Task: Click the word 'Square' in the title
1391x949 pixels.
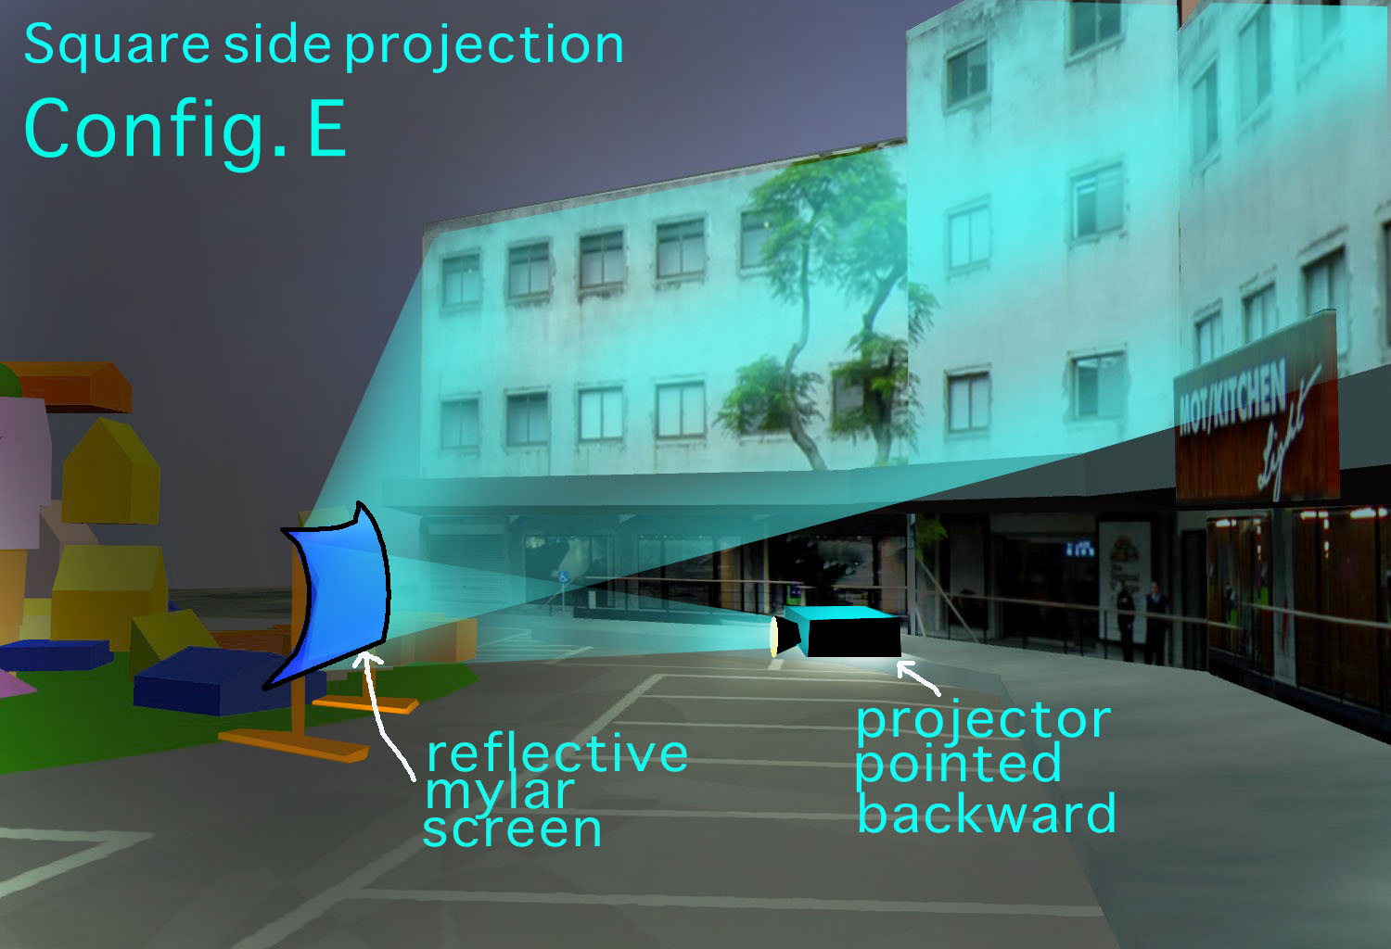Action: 117,45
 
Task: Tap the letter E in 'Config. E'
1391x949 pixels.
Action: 326,129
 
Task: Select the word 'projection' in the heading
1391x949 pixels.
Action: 484,45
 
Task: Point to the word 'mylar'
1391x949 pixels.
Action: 500,793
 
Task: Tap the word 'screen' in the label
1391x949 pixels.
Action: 512,829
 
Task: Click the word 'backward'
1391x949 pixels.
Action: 986,812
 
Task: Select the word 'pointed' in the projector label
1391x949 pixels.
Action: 958,766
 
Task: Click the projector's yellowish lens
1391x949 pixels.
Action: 773,637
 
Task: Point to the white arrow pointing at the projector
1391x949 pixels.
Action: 919,677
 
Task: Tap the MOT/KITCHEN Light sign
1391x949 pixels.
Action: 1257,411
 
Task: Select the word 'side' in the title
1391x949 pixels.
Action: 277,44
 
